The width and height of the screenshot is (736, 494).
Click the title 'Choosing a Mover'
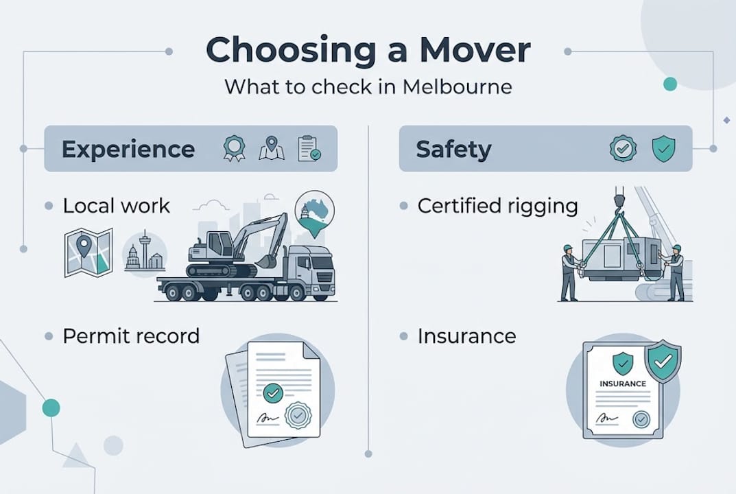pos(368,50)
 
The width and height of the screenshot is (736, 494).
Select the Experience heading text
pos(128,149)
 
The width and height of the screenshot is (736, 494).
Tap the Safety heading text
pos(454,149)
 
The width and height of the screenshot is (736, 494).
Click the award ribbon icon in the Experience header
pos(235,149)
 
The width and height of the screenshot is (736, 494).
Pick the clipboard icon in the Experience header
pos(308,149)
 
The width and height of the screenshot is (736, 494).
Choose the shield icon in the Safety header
pos(663,149)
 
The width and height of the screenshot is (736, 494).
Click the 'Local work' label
pos(117,206)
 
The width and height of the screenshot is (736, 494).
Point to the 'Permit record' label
pos(131,336)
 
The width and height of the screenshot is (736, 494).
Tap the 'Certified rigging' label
pos(497,206)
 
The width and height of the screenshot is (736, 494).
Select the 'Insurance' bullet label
pos(466,336)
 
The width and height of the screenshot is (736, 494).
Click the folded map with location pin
pos(88,252)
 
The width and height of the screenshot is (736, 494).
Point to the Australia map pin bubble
pos(313,211)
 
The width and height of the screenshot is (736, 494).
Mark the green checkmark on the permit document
pos(273,392)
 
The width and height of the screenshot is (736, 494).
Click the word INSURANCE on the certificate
pos(622,384)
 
